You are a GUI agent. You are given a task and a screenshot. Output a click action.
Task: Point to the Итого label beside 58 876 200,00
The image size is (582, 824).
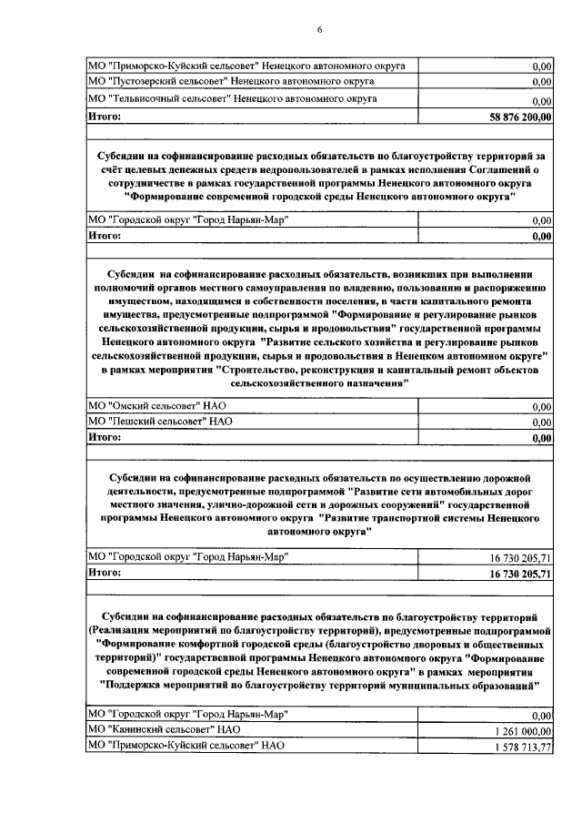[x=105, y=116]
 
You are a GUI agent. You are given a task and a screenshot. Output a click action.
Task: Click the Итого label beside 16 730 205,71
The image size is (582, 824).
[x=105, y=573]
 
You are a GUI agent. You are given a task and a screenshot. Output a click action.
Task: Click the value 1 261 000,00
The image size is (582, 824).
[x=522, y=731]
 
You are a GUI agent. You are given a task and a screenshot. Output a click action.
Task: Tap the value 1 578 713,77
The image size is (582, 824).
[x=522, y=748]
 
